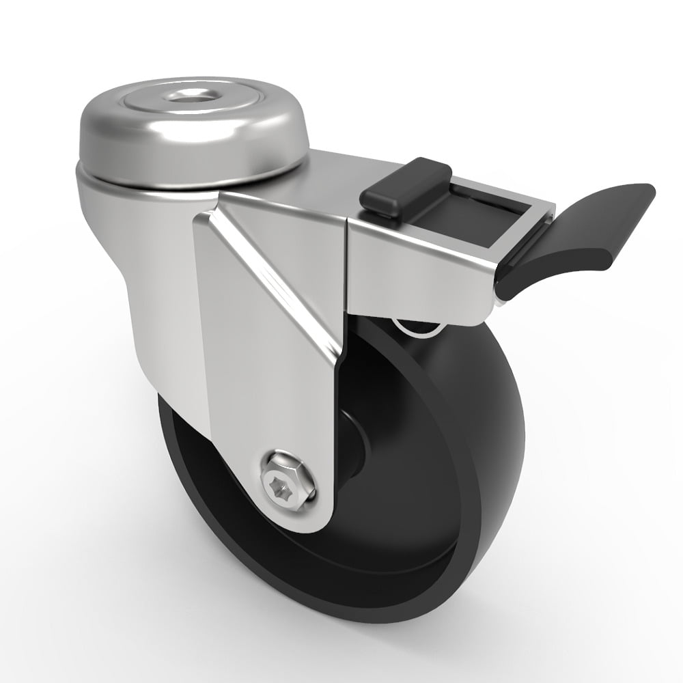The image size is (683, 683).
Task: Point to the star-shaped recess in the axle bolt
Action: (288, 486)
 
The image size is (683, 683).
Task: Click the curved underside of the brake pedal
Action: (546, 273)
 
